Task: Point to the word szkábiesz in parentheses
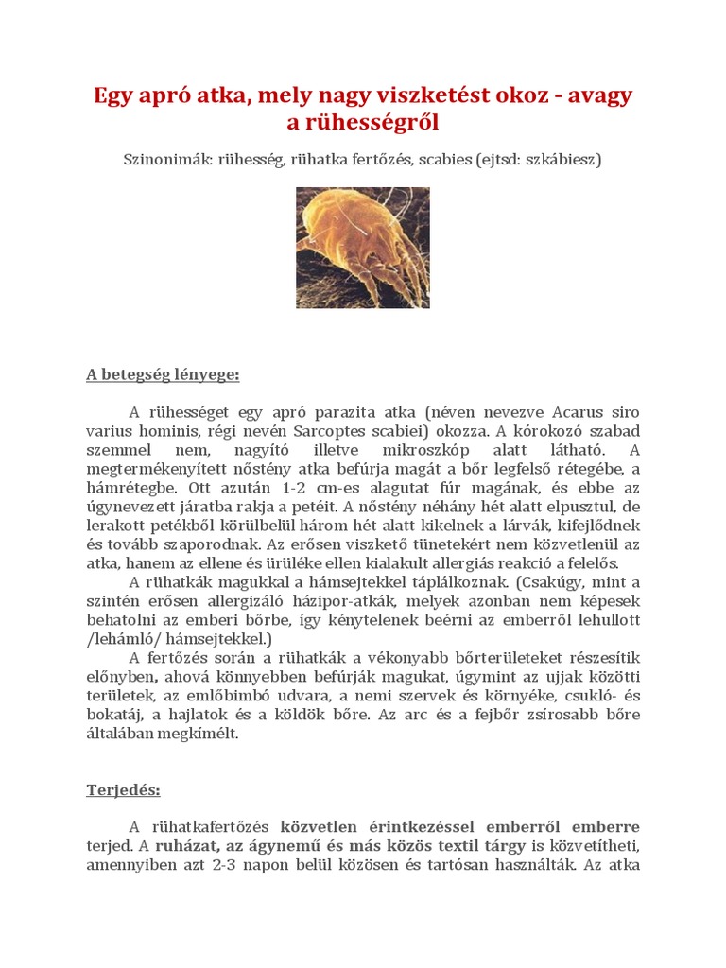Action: (x=560, y=159)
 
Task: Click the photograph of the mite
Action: (x=363, y=248)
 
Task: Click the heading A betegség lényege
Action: (x=163, y=374)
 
